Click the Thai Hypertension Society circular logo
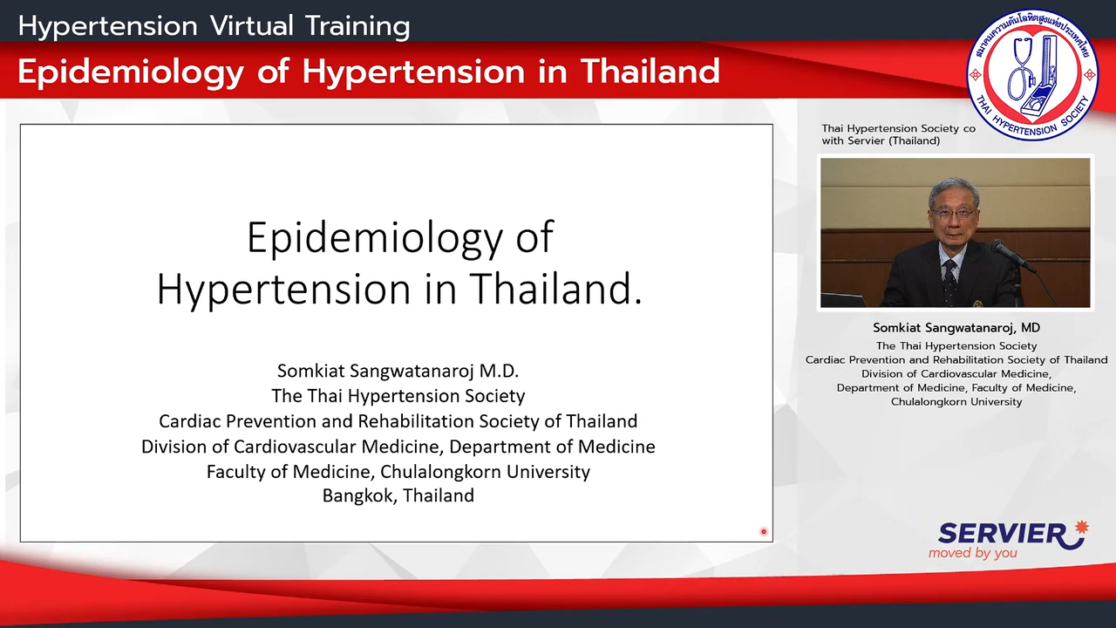click(x=1032, y=74)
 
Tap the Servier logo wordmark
click(x=1002, y=534)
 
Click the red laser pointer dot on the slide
click(x=763, y=532)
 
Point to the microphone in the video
click(x=1013, y=256)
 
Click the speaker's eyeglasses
click(x=952, y=213)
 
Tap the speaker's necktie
click(x=950, y=281)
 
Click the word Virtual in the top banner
click(x=252, y=26)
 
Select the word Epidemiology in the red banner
click(x=131, y=72)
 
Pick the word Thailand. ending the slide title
click(x=555, y=289)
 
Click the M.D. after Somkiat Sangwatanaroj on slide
click(x=499, y=371)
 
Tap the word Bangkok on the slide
click(x=360, y=495)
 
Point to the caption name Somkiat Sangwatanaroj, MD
click(x=956, y=327)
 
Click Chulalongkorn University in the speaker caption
click(x=956, y=402)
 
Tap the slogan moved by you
click(x=972, y=553)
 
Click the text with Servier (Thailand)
click(x=881, y=141)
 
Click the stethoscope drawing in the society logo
click(x=1019, y=72)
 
